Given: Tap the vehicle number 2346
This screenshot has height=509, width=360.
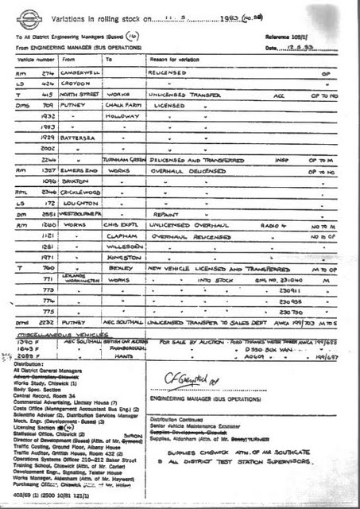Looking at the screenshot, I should point(46,192).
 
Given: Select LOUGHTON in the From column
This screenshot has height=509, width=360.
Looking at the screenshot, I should point(78,203).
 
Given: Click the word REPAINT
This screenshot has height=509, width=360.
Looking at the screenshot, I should point(165,214).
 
